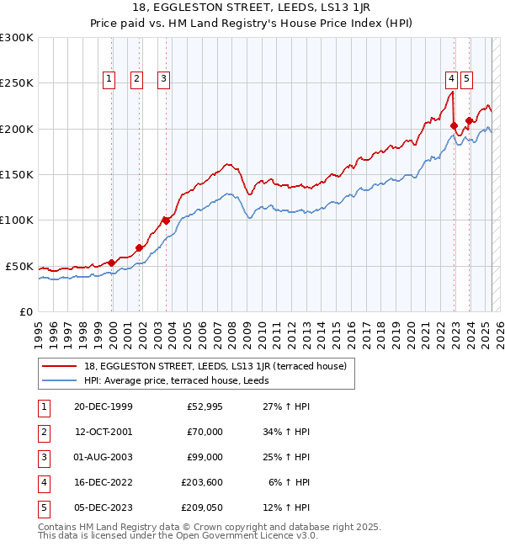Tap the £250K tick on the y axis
pyautogui.click(x=17, y=83)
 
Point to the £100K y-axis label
pyautogui.click(x=17, y=220)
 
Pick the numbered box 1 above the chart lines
pyautogui.click(x=109, y=79)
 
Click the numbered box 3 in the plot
pyautogui.click(x=163, y=79)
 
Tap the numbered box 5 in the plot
pyautogui.click(x=466, y=79)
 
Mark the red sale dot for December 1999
pyautogui.click(x=112, y=263)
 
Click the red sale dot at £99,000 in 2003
pyautogui.click(x=166, y=220)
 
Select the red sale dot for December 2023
pyautogui.click(x=469, y=120)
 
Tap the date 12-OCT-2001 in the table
pyautogui.click(x=103, y=432)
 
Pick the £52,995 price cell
pyautogui.click(x=205, y=406)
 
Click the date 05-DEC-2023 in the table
pyautogui.click(x=103, y=507)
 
